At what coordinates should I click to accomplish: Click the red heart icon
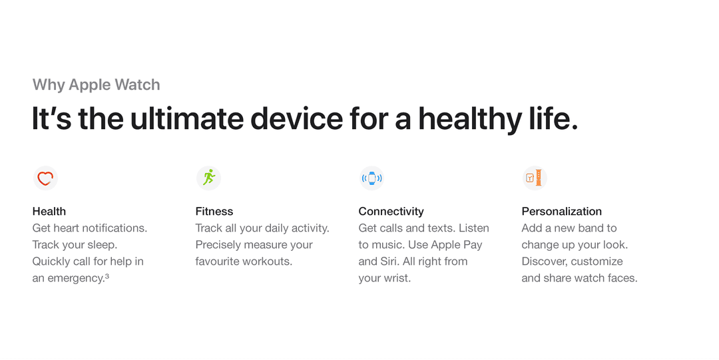tap(45, 178)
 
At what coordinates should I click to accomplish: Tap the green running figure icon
tap(208, 178)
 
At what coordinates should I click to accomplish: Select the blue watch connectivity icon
tap(372, 178)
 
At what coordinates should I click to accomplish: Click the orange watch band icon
tap(535, 178)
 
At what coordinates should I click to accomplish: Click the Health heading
tap(49, 212)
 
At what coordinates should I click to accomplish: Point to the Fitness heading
tap(214, 212)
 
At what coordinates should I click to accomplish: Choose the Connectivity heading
tap(391, 212)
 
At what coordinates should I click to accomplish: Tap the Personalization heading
tap(562, 212)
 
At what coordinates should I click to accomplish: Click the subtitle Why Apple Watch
tap(97, 85)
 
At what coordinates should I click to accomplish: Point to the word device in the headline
tap(297, 118)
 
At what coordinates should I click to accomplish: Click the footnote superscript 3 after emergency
tap(107, 276)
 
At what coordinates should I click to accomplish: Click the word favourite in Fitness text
tap(218, 262)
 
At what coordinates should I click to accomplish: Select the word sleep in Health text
tap(103, 245)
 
